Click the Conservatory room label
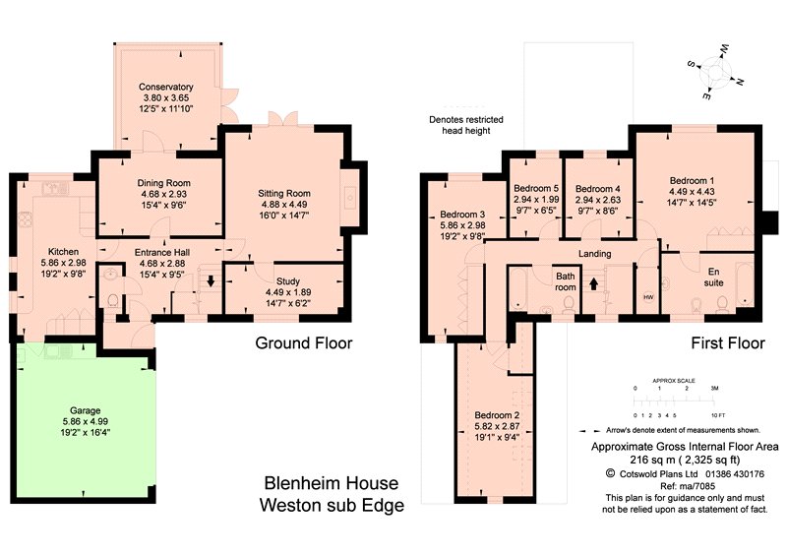165,87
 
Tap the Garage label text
86,410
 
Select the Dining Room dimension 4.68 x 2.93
163,194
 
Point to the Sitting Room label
284,193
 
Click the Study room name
288,281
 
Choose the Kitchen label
63,252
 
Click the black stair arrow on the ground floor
211,280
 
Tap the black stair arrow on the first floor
594,283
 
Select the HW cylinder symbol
648,297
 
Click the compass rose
715,72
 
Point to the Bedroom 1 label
692,181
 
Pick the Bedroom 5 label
536,188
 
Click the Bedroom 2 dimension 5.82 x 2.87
497,426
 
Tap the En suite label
714,278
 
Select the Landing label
595,254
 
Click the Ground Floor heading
304,343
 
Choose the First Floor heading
728,343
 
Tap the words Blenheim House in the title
332,483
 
